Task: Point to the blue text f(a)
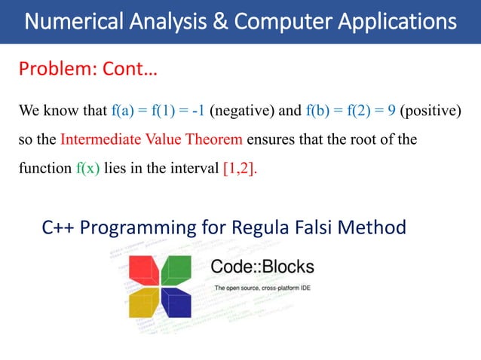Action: (x=122, y=113)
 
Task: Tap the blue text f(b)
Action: (x=320, y=113)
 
